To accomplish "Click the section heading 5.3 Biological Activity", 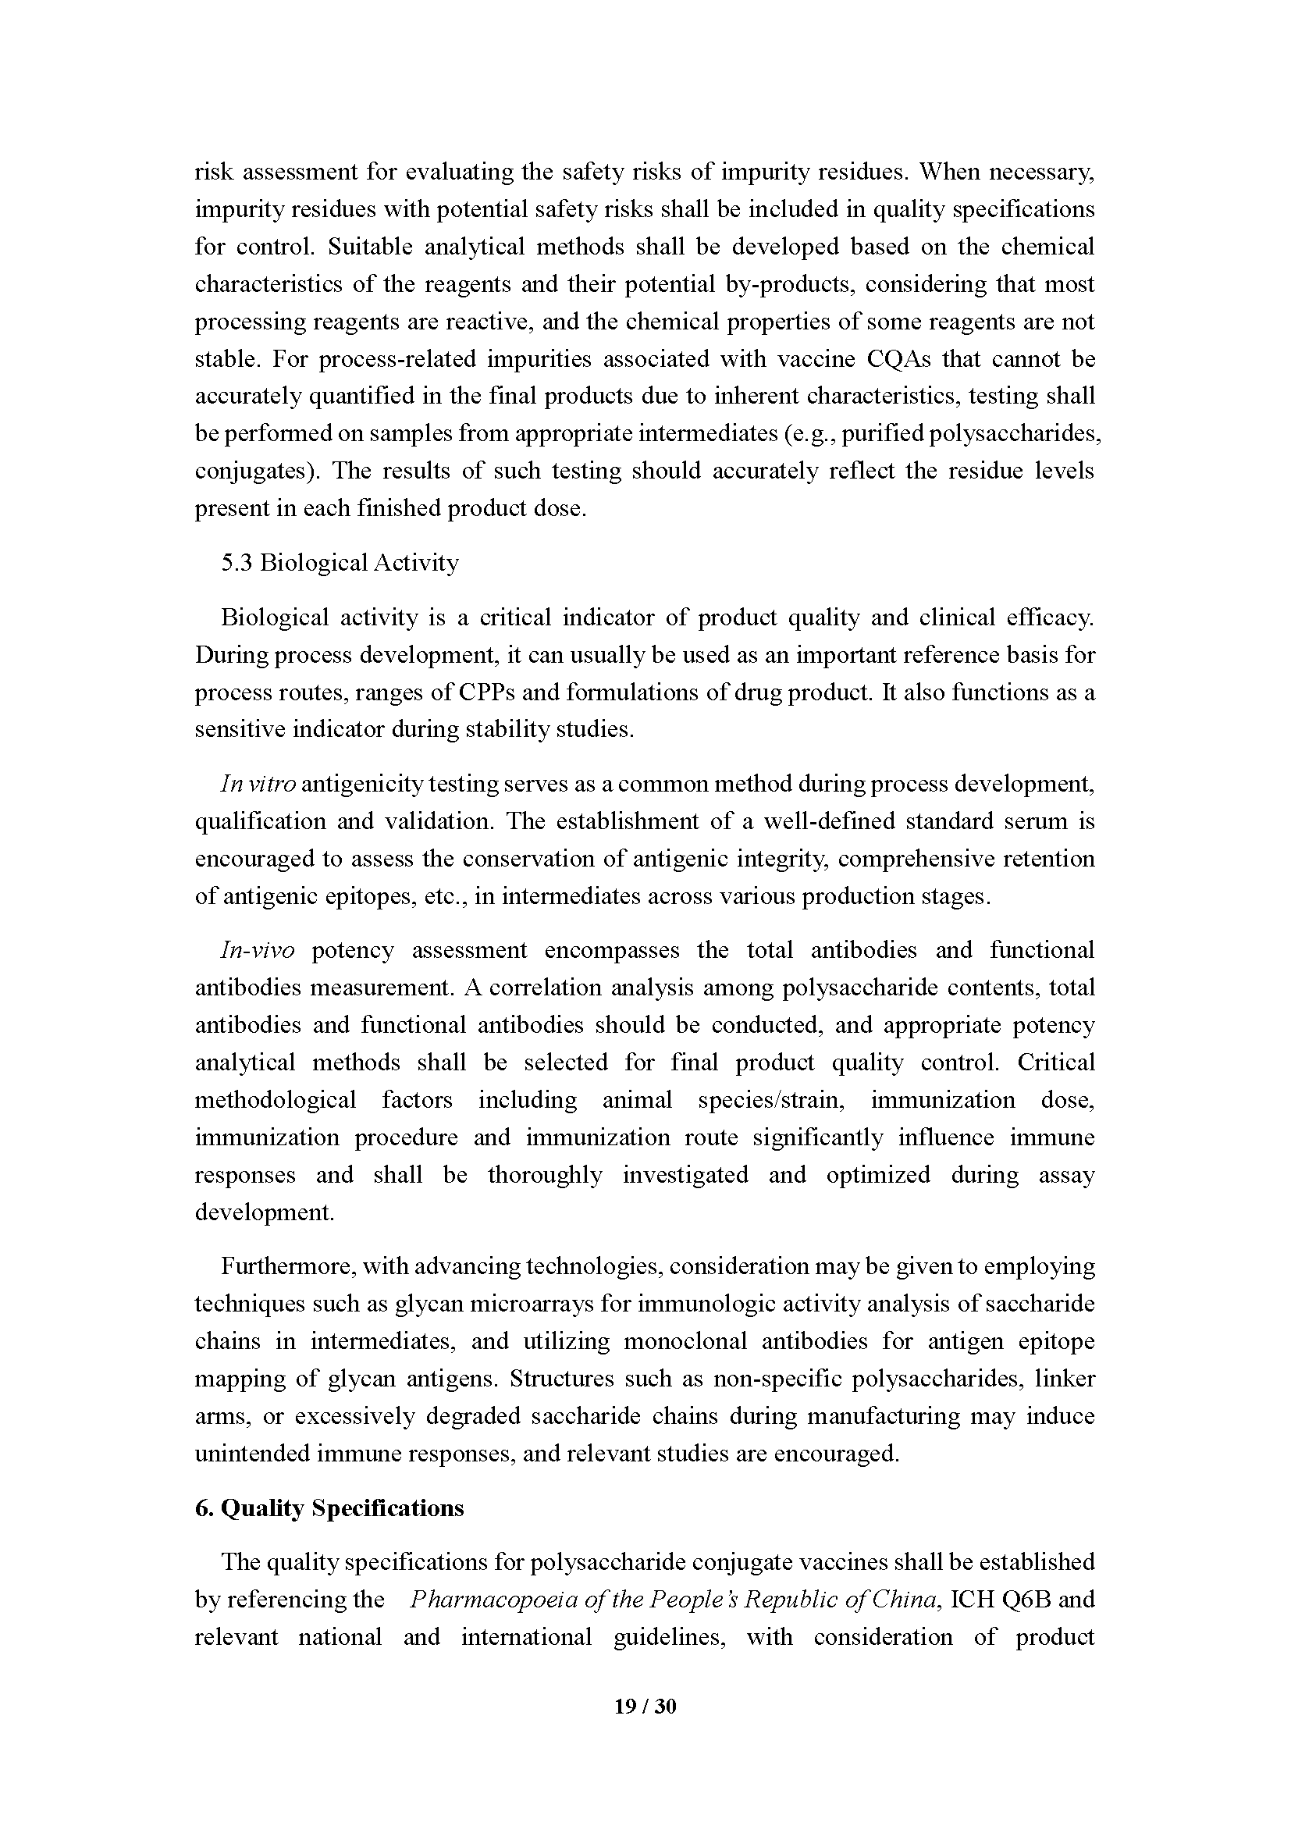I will coord(340,563).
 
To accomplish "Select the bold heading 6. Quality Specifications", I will coord(329,1508).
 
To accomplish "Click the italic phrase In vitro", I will coord(258,784).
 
